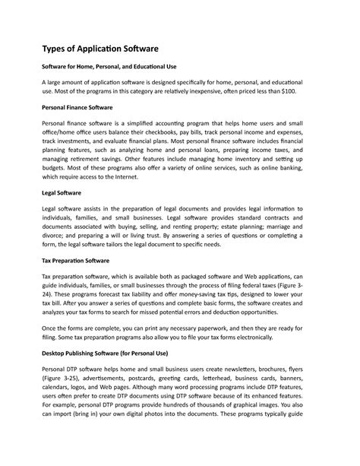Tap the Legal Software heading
click(62, 194)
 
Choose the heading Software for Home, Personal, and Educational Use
click(109, 67)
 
